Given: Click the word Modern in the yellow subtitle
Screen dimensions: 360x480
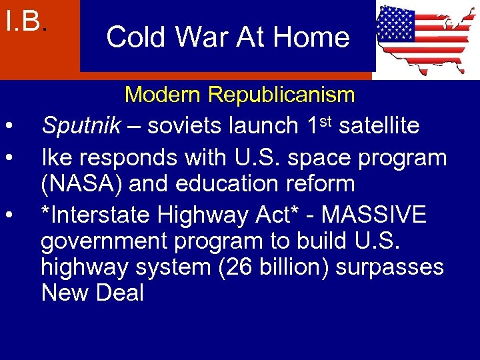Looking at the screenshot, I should pyautogui.click(x=163, y=95).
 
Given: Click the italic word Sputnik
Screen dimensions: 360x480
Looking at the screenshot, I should pyautogui.click(x=81, y=125).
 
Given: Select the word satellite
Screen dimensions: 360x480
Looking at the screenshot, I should pyautogui.click(x=379, y=125).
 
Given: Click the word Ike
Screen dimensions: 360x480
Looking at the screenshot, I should pyautogui.click(x=55, y=158).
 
